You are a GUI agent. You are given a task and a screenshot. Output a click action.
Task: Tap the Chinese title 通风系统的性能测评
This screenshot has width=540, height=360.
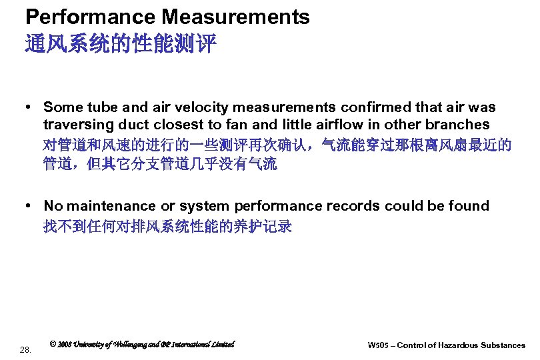click(121, 44)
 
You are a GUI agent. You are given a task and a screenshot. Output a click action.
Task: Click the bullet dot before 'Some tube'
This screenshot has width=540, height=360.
click(31, 107)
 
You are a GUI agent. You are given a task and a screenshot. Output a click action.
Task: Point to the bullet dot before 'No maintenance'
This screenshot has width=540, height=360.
click(31, 206)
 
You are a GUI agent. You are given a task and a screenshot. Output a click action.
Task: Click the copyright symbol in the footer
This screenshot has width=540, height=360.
click(53, 345)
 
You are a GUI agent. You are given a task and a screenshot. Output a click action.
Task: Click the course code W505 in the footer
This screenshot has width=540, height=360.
click(377, 345)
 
